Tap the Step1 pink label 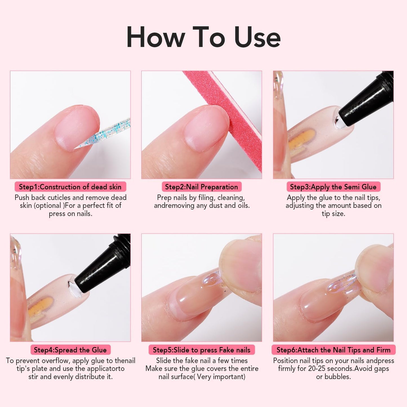pos(70,187)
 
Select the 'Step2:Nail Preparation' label pos(201,187)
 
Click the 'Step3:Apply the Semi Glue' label pos(333,187)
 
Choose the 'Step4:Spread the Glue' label pos(70,350)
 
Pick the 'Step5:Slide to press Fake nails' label pos(201,350)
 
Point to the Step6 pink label pos(333,350)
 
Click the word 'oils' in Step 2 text pos(243,206)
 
